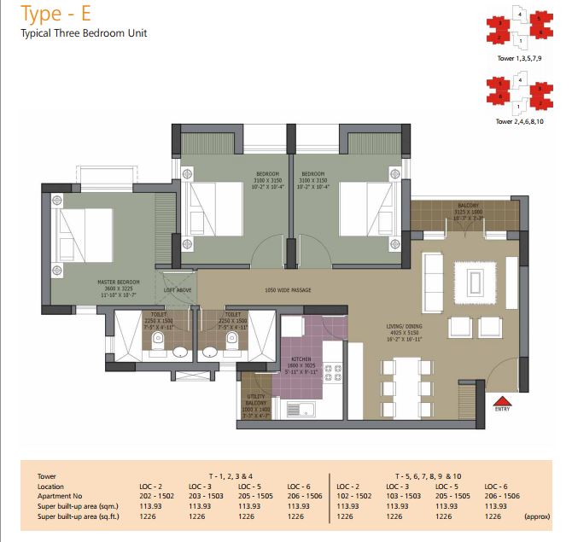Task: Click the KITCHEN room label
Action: (301, 360)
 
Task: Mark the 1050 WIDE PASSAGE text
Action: (287, 290)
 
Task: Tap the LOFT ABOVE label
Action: (178, 290)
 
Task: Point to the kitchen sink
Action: (301, 409)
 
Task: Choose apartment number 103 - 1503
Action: (404, 495)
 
